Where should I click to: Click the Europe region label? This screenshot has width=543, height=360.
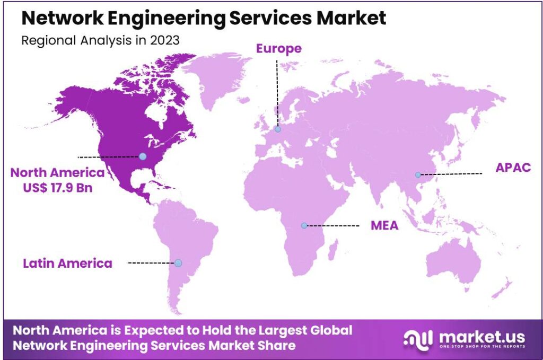(x=279, y=49)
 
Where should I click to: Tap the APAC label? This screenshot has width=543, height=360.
(x=513, y=168)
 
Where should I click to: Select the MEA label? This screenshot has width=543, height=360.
(x=384, y=226)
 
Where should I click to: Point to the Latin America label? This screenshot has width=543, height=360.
(x=67, y=263)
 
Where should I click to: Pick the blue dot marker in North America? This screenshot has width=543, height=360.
(x=143, y=156)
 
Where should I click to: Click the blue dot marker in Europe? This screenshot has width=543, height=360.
(x=277, y=129)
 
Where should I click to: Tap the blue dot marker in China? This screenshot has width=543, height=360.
(x=418, y=175)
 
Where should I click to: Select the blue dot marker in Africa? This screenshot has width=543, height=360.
(x=304, y=225)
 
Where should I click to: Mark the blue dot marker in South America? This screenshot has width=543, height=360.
(x=178, y=263)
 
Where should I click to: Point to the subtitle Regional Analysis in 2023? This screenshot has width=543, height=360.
(x=100, y=41)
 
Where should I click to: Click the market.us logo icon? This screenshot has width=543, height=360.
(x=418, y=337)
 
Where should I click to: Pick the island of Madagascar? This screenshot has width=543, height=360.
(x=333, y=249)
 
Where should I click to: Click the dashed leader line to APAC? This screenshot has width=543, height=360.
(x=451, y=174)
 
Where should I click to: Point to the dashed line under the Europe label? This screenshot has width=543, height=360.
(x=276, y=93)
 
